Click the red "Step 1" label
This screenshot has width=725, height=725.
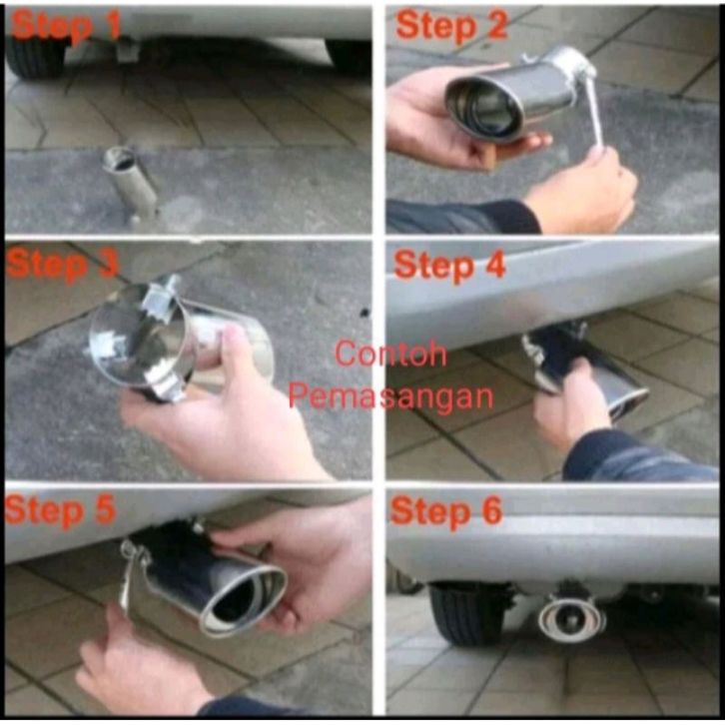coord(66,25)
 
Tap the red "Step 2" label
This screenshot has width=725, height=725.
coord(451,25)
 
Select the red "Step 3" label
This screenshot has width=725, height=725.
coord(63,265)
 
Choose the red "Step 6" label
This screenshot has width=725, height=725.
coord(445,511)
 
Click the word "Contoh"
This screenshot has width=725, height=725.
coord(390,354)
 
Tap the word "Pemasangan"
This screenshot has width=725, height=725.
coord(390,396)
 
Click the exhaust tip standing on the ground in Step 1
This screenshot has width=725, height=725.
coord(131,184)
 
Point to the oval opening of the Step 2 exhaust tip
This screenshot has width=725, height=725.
coord(483,107)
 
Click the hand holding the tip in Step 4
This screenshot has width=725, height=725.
coord(571,406)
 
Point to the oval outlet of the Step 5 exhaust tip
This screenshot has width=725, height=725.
coord(243,600)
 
